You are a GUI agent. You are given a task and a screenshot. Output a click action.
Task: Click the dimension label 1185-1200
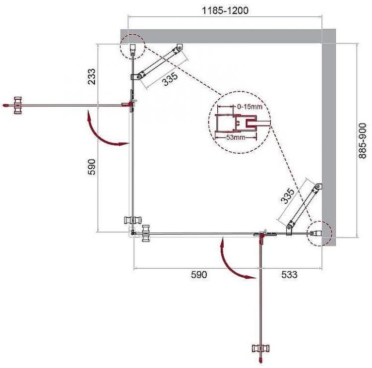(224, 10)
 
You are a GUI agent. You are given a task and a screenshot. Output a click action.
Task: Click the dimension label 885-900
(363, 141)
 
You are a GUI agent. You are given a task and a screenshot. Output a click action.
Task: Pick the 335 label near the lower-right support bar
(288, 196)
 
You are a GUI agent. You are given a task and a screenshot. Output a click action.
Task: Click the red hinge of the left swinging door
(130, 104)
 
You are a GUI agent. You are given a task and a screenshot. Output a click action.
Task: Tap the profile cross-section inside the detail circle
(237, 123)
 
